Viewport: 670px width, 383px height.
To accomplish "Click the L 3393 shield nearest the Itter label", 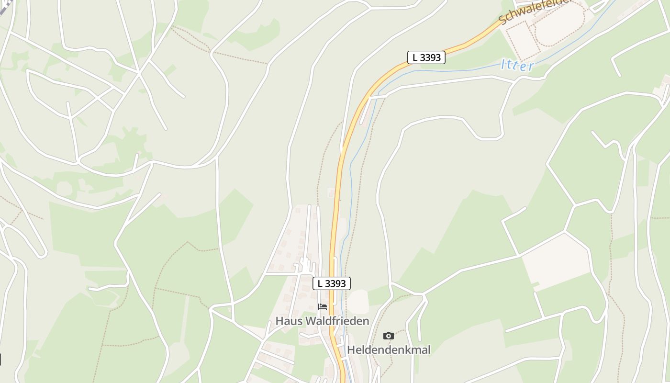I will click(x=426, y=57).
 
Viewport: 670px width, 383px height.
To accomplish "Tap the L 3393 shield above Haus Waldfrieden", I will click(x=332, y=283).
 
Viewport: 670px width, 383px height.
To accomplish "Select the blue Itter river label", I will click(x=517, y=65).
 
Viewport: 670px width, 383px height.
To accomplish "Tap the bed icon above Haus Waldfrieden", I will click(x=323, y=307).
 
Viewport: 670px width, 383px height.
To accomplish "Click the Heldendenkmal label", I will click(x=389, y=350).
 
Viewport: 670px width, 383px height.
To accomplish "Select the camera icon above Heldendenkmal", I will click(x=389, y=336).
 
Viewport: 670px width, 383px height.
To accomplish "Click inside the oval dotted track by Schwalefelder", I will click(x=560, y=26).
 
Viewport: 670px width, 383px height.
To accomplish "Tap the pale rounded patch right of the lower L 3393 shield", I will click(x=357, y=302).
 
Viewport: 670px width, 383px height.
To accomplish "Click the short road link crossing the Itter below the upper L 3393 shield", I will click(x=378, y=96).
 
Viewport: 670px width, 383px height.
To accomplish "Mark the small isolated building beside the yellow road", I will click(x=331, y=193).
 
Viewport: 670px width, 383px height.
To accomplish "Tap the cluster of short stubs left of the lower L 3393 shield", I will click(x=305, y=265).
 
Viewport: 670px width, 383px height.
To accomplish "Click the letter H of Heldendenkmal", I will click(x=351, y=350).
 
